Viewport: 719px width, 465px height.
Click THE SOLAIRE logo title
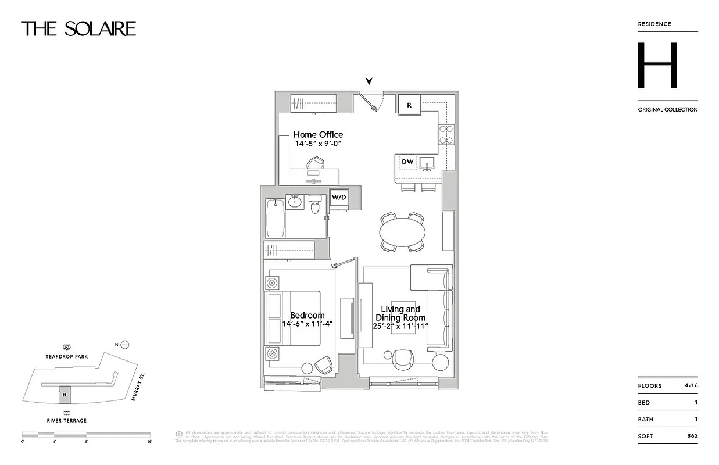(x=78, y=28)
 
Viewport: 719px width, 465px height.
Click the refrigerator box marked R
(x=409, y=105)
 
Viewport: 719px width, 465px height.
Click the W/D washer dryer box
(x=339, y=198)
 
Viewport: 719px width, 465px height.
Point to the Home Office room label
(x=318, y=135)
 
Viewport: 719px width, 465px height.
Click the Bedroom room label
(x=307, y=315)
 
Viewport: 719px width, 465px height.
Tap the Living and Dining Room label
(x=400, y=313)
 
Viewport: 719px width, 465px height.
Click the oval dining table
(x=402, y=233)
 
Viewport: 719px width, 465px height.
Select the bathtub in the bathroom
(x=275, y=218)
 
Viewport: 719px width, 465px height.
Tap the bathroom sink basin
(x=295, y=202)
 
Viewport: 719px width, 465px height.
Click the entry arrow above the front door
(x=369, y=82)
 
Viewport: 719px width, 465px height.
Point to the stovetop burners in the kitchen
(x=446, y=135)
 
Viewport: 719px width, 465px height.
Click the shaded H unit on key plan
(x=65, y=395)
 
